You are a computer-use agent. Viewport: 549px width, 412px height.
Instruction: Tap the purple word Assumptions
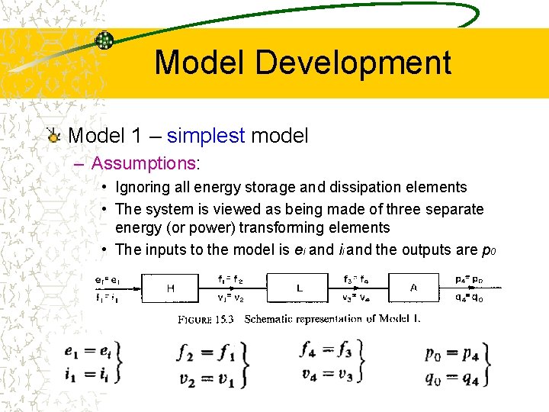click(x=143, y=163)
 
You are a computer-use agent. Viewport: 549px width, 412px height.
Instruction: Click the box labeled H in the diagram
click(x=170, y=288)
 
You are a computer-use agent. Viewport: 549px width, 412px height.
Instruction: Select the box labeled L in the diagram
click(x=300, y=288)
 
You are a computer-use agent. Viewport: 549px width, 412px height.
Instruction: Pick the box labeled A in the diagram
click(x=414, y=288)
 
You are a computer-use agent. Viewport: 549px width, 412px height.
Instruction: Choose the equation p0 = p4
click(x=451, y=355)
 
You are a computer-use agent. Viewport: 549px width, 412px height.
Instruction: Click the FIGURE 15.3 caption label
click(x=207, y=319)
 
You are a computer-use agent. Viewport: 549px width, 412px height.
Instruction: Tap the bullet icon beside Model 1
click(x=53, y=137)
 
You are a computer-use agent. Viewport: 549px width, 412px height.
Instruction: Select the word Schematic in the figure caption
click(x=271, y=319)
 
